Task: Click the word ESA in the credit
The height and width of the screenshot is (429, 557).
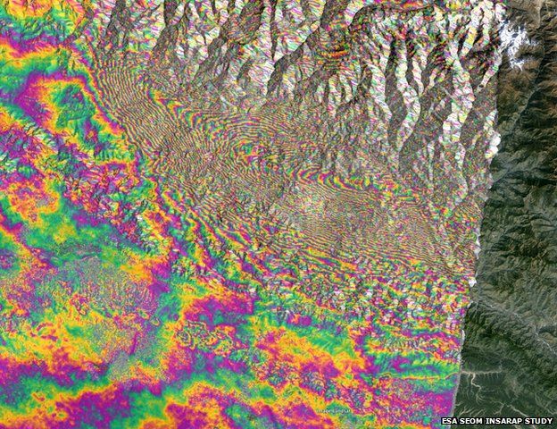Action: pyautogui.click(x=450, y=421)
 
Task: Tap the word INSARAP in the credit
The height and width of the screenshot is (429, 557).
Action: pyautogui.click(x=503, y=421)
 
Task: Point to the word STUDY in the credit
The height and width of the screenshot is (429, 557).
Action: pyautogui.click(x=538, y=421)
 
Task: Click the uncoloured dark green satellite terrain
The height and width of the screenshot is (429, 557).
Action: pyautogui.click(x=527, y=223)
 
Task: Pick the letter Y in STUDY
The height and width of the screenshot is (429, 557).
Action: pyautogui.click(x=549, y=421)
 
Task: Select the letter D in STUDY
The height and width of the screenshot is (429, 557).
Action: pyautogui.click(x=544, y=421)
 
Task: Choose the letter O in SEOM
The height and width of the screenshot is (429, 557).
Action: pyautogui.click(x=474, y=421)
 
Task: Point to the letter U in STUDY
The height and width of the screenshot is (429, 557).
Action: pyautogui.click(x=538, y=421)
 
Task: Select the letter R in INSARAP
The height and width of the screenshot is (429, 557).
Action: pyautogui.click(x=509, y=421)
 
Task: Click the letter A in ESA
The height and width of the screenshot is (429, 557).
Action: pyautogui.click(x=455, y=421)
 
